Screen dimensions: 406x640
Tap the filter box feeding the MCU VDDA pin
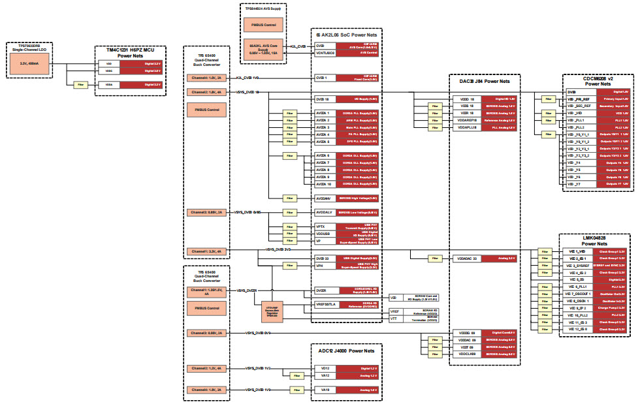pyautogui.click(x=81, y=85)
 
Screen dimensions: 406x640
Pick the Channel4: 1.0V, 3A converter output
pyautogui.click(x=206, y=78)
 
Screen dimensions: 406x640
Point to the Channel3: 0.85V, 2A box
pyautogui.click(x=206, y=213)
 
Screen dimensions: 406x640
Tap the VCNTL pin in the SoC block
pyautogui.click(x=325, y=53)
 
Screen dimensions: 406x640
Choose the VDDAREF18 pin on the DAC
pyautogui.click(x=468, y=121)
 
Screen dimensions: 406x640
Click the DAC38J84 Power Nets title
pyautogui.click(x=485, y=81)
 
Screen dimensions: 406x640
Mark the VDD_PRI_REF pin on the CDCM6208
pyautogui.click(x=579, y=99)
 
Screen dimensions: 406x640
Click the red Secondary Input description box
pyautogui.click(x=614, y=106)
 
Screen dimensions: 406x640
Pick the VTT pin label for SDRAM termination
pyautogui.click(x=394, y=319)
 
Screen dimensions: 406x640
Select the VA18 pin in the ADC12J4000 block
pyautogui.click(x=325, y=390)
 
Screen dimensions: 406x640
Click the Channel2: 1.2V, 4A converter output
pyautogui.click(x=206, y=368)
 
